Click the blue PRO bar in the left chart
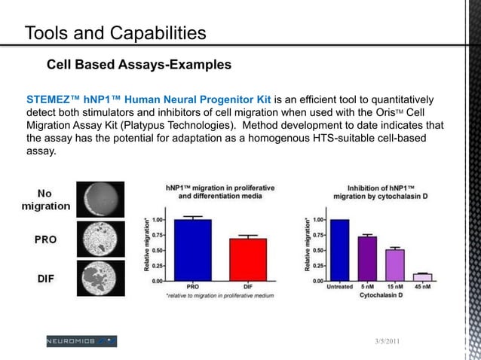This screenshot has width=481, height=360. pos(192,250)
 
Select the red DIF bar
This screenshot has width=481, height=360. pos(248,260)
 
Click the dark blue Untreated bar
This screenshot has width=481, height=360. pos(340,250)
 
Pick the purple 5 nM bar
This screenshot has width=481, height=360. pos(367,258)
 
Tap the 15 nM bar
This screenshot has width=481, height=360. pos(395,265)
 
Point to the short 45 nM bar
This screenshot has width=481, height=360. pos(422,277)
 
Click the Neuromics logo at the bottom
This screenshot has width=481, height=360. pos(81,341)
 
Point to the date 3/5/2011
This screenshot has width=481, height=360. pos(388,343)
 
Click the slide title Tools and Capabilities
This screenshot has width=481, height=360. pos(115,33)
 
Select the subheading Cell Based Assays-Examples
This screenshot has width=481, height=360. pos(139,65)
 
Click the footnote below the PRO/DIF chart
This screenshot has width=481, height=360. pos(219,297)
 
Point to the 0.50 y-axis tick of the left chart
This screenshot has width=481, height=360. pos(158,250)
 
